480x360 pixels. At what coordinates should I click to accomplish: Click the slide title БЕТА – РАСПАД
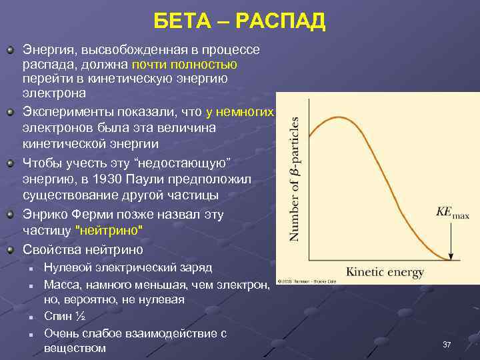(239, 21)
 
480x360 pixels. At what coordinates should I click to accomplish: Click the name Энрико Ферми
(60, 215)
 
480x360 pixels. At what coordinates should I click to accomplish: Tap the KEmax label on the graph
(453, 213)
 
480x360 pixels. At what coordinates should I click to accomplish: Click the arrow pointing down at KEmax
(452, 243)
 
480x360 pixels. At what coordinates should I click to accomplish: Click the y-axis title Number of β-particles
(294, 179)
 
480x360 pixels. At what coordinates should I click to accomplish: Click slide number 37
(447, 344)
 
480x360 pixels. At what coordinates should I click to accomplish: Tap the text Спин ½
(64, 316)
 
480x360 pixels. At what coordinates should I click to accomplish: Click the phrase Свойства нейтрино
(83, 250)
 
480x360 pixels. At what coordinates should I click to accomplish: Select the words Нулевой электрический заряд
(127, 268)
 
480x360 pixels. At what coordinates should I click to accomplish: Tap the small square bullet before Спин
(31, 317)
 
